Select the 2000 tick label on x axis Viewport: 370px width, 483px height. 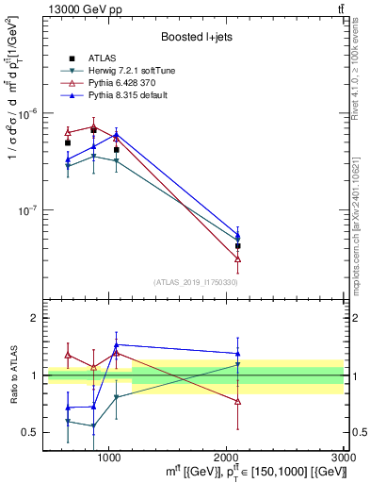pyautogui.click(x=227, y=457)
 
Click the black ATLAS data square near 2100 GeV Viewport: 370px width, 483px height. pyautogui.click(x=238, y=245)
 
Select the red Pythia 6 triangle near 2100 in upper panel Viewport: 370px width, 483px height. pyautogui.click(x=238, y=258)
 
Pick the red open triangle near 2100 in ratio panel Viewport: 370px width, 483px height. pyautogui.click(x=238, y=401)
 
